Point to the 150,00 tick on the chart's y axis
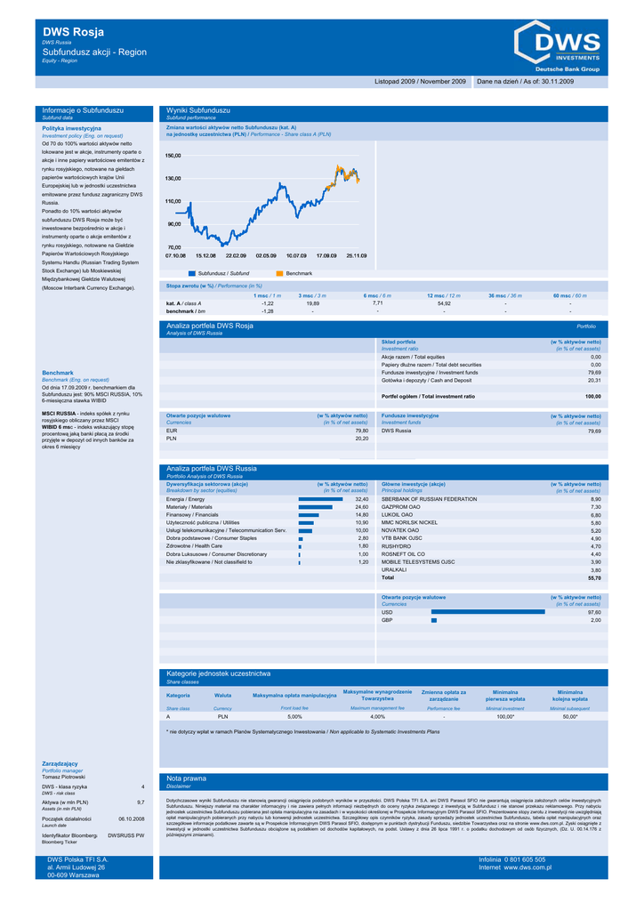173,156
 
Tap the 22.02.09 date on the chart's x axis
236,255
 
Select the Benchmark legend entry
299,273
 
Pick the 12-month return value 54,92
444,303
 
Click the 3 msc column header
312,295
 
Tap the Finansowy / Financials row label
192,515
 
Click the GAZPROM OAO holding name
401,507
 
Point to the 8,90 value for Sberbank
595,499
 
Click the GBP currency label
387,620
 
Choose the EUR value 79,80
361,431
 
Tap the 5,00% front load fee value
294,716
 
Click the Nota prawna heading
187,778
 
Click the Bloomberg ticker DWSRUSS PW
125,835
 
